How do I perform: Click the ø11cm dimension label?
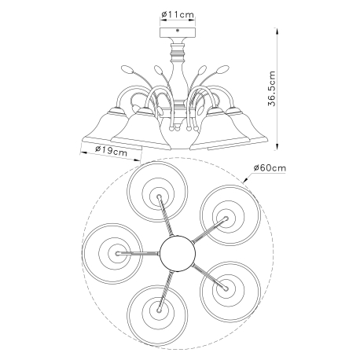(178, 14)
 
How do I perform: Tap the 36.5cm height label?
(272, 88)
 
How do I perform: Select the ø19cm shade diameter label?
(112, 151)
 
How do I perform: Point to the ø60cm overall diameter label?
(270, 167)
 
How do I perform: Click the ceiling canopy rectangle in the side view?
(178, 31)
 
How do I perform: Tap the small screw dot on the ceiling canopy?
(178, 31)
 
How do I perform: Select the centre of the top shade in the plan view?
(158, 196)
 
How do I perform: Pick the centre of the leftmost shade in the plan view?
(117, 253)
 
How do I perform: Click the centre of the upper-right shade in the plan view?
(226, 218)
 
